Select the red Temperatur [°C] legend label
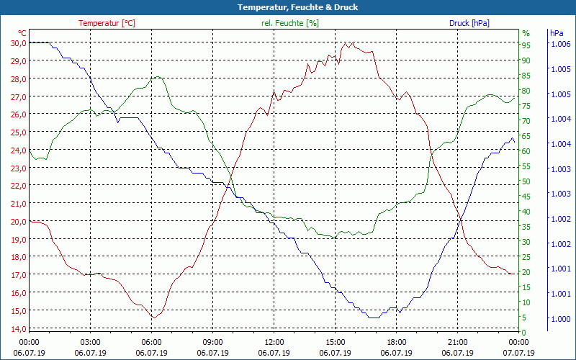point(107,23)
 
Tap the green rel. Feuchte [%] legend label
point(290,23)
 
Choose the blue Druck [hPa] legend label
point(469,23)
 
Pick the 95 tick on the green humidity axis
point(526,45)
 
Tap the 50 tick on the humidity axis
point(526,181)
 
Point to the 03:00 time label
point(90,342)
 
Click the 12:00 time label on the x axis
point(274,342)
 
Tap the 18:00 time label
point(396,342)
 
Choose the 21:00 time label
point(457,342)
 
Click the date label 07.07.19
point(518,353)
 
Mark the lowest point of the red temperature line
point(153,318)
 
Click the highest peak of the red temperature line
point(345,42)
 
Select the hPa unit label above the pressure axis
point(556,33)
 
